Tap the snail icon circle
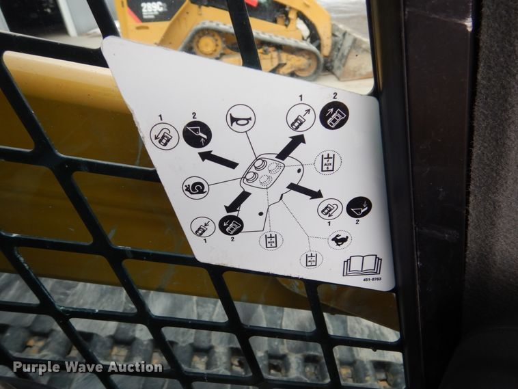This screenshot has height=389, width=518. click(195, 187)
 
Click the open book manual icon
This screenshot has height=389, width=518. click(362, 265)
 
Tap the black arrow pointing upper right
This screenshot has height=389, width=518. click(291, 146)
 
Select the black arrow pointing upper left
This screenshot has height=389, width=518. click(218, 159)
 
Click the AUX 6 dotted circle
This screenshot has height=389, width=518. click(327, 163)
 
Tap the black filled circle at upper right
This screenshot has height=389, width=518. click(334, 116)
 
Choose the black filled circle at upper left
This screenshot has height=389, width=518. click(197, 133)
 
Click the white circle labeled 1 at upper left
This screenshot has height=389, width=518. click(165, 136)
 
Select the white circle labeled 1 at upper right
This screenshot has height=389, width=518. click(301, 118)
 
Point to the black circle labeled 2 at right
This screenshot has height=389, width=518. click(359, 207)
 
